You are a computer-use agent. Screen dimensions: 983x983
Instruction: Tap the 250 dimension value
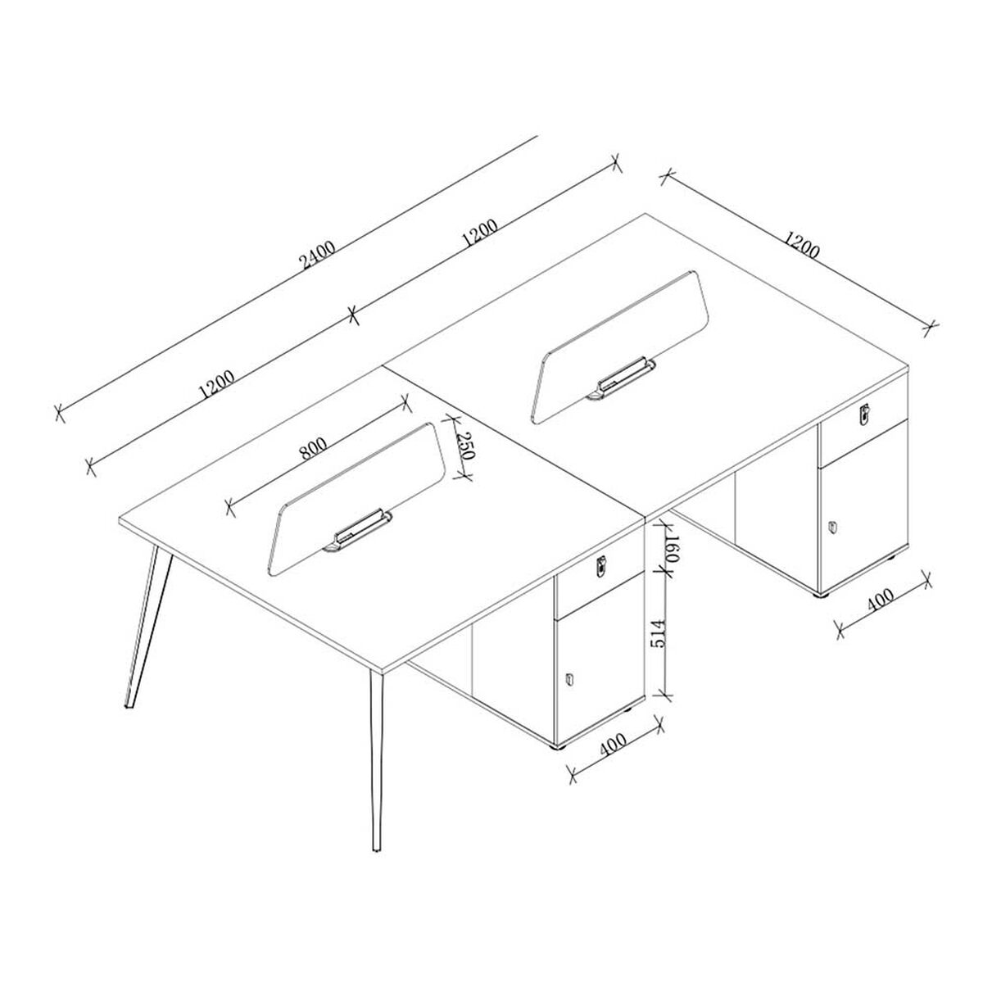pos(465,446)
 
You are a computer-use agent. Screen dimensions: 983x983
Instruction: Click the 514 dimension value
pos(659,634)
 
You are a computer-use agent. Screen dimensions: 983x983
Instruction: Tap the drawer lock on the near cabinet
pos(601,564)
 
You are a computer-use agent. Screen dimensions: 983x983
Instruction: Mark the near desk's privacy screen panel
pos(357,500)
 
